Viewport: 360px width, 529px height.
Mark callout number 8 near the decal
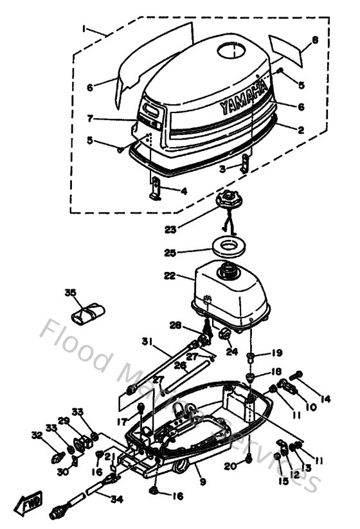click(x=315, y=40)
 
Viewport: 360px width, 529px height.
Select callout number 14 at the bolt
click(x=325, y=399)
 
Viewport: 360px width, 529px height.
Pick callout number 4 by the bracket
click(x=184, y=190)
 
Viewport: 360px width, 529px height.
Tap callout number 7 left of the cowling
click(x=92, y=118)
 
